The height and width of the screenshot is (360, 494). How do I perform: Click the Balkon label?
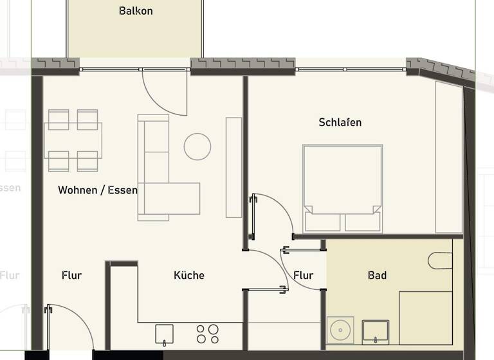click(x=136, y=11)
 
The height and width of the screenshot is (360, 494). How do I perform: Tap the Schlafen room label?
click(x=340, y=122)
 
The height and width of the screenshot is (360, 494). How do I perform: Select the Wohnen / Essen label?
click(x=97, y=190)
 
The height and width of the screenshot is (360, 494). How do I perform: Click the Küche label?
click(x=189, y=275)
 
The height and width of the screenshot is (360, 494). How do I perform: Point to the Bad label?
click(x=377, y=275)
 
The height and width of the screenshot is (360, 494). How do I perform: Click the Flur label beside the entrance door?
click(x=71, y=275)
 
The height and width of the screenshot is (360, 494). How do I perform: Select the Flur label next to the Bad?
click(x=303, y=275)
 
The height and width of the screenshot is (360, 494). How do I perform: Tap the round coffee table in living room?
click(x=197, y=147)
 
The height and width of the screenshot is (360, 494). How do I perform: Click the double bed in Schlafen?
click(x=343, y=186)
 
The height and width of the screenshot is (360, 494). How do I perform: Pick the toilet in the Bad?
click(x=441, y=260)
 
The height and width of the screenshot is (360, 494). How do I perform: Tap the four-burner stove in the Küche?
click(x=207, y=334)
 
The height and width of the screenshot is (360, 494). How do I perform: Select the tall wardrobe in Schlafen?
click(x=449, y=157)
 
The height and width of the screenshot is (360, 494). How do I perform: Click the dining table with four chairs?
click(x=73, y=140)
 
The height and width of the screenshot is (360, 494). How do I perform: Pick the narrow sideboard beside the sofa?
click(x=233, y=167)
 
